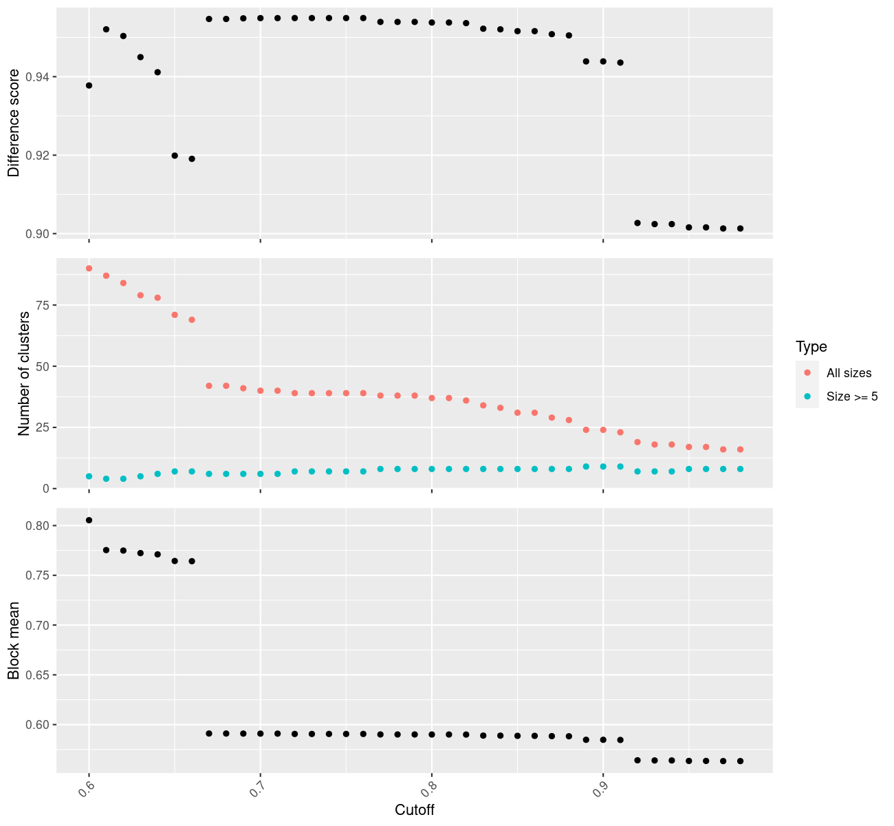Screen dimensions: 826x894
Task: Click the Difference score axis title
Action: click(14, 123)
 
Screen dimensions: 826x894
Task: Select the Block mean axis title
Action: click(14, 640)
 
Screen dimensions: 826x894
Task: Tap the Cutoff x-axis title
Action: click(414, 809)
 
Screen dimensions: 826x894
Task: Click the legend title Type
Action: click(811, 347)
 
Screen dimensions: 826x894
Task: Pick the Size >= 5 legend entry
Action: click(852, 396)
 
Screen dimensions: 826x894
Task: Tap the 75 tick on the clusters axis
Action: click(41, 305)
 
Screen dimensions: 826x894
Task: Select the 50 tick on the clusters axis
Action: click(41, 366)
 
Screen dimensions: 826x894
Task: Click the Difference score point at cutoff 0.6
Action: click(89, 85)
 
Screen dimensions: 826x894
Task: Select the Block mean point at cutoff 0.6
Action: click(89, 520)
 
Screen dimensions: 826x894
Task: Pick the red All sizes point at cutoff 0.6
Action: click(89, 268)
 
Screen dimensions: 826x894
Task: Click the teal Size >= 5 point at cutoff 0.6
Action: click(89, 476)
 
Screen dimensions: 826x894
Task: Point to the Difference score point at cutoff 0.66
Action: click(192, 159)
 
